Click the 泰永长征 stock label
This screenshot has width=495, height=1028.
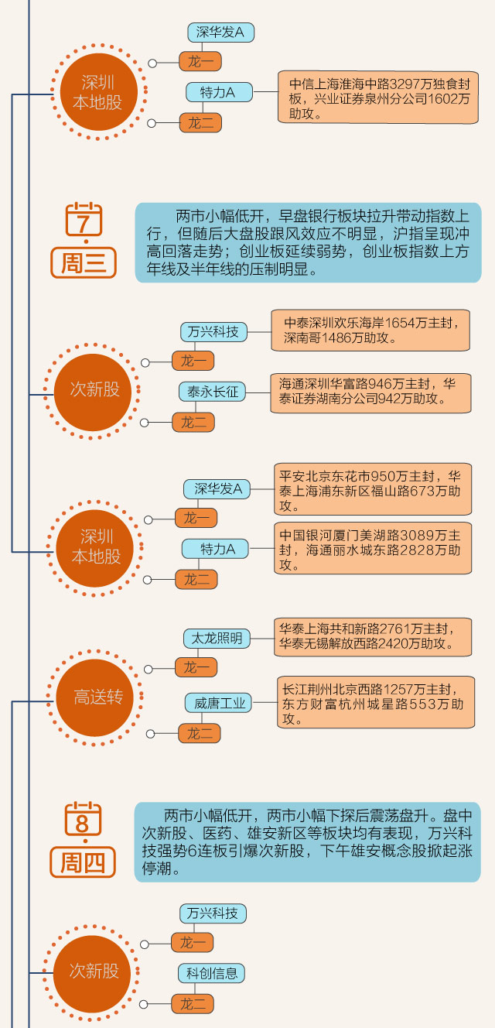coord(212,392)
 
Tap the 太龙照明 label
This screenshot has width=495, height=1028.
coord(217,638)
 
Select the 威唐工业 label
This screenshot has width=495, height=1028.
coord(220,703)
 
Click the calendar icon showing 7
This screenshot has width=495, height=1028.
coord(84,220)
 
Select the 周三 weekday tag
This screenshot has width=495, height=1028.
coord(84,263)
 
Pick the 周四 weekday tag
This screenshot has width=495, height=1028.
coord(83,862)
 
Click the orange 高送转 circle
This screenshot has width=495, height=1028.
coord(96,697)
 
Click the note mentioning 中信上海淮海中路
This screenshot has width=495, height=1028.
coord(379,98)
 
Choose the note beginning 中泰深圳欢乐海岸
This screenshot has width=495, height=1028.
coord(370,331)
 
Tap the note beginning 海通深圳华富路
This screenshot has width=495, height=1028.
coord(370,392)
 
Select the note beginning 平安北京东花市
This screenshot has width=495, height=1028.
coord(373,490)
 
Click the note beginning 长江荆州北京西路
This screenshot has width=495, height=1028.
coord(376,702)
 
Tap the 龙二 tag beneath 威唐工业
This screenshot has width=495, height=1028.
coord(200,733)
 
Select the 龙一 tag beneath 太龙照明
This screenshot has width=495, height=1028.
coord(196,667)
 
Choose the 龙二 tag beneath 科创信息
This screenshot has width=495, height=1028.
coord(193,1004)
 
